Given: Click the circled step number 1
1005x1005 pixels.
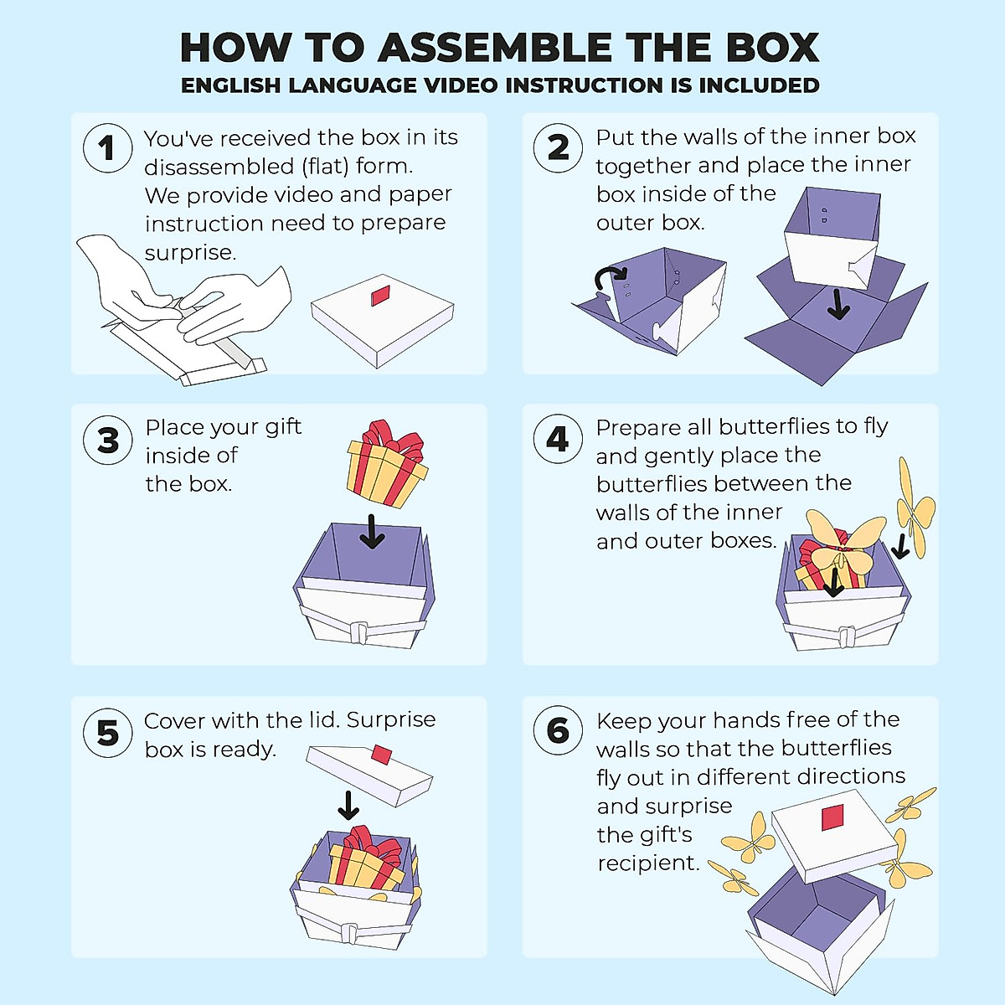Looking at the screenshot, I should (x=107, y=148).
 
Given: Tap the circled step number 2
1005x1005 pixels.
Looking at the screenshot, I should (x=558, y=148).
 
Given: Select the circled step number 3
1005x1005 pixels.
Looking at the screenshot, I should (x=107, y=440).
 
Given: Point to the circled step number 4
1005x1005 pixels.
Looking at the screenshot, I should (x=558, y=439).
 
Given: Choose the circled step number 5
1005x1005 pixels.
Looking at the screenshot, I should (x=107, y=733).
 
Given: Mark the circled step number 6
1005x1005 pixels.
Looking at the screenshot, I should (x=558, y=731).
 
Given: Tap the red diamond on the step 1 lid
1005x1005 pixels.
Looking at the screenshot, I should (x=380, y=295).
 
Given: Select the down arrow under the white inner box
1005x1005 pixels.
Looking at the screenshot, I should (x=838, y=303).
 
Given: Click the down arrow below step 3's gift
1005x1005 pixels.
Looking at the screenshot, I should (x=372, y=531).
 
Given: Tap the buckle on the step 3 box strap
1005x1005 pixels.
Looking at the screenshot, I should (x=358, y=631).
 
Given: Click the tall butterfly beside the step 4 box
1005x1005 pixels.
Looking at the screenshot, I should (x=914, y=508).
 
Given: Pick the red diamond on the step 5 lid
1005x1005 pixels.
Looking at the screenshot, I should (x=382, y=755).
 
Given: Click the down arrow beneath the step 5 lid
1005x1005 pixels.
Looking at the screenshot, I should (x=348, y=805).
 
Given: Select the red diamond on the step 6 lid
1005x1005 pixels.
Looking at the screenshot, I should (x=832, y=817).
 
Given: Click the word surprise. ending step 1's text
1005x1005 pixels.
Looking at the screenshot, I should (x=190, y=253).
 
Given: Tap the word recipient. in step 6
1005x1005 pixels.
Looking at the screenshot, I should (x=647, y=863).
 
